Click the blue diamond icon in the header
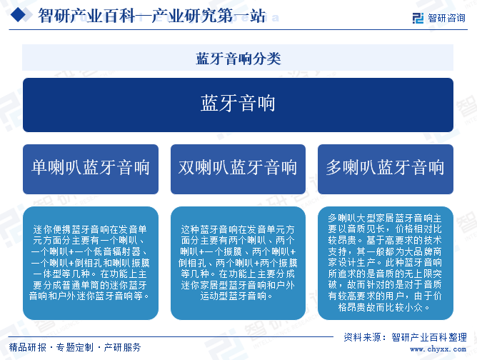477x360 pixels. pos(19,14)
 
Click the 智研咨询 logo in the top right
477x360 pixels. pos(439,18)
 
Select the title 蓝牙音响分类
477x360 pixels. pos(239,59)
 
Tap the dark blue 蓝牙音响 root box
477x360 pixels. pos(239,105)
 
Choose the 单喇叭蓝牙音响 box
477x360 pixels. pos(91,169)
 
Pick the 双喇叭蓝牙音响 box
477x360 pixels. pos(238,169)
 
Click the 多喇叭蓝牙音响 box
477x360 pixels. pos(386,169)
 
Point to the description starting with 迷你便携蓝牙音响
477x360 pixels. pos(91,264)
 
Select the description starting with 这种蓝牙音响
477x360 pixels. pos(238,264)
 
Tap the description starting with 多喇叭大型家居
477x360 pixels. pos(386,264)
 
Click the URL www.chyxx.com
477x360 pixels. pos(438,349)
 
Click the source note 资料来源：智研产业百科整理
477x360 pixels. pos(405,337)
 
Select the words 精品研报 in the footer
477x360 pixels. pos(28,347)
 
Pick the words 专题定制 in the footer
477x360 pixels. pos(75,347)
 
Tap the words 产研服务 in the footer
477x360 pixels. pos(122,347)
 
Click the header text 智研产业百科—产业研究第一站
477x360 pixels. pos(152,16)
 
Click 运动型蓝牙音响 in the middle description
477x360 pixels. pos(232,296)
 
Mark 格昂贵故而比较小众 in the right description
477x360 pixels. pos(381,307)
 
